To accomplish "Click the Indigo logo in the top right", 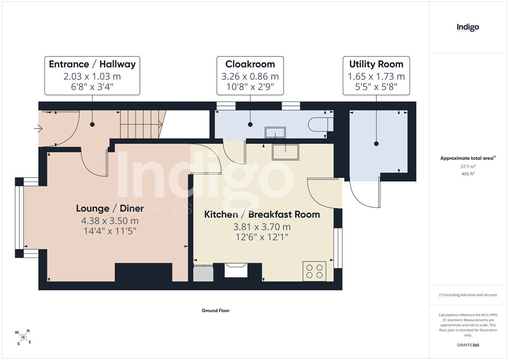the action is point(468,28).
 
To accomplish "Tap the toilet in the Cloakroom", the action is point(320,124).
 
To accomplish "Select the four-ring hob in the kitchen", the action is point(314,271).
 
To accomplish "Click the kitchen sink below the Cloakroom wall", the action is point(285,152).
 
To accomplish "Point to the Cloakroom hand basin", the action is point(275,132).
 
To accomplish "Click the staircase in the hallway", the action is point(142,124).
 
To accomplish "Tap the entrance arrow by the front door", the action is point(38,129).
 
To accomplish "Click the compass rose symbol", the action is point(23,337).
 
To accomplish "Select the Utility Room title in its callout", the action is point(376,64).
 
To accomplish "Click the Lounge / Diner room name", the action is point(110,208).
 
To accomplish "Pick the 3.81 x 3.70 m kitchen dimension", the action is point(262,227).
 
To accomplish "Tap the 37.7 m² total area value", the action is point(468,167).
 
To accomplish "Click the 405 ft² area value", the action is point(468,174).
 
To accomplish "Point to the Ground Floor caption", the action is point(215,311).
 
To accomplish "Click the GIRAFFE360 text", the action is point(468,345).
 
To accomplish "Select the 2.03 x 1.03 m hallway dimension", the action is point(92,76).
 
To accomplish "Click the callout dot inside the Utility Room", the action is point(376,144).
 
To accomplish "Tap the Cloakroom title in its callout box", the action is point(250,64).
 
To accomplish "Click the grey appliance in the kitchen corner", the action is point(203,273).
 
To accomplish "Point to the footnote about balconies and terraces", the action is point(468,295).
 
